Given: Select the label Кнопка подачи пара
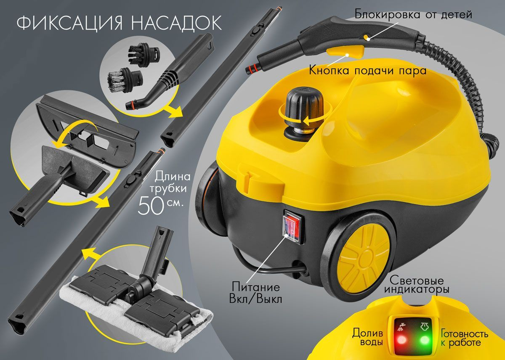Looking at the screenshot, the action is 367,71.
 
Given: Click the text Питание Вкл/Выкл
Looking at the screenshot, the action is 256,293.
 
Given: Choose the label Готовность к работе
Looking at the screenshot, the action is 465,338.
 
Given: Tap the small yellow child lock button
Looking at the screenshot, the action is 367,37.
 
